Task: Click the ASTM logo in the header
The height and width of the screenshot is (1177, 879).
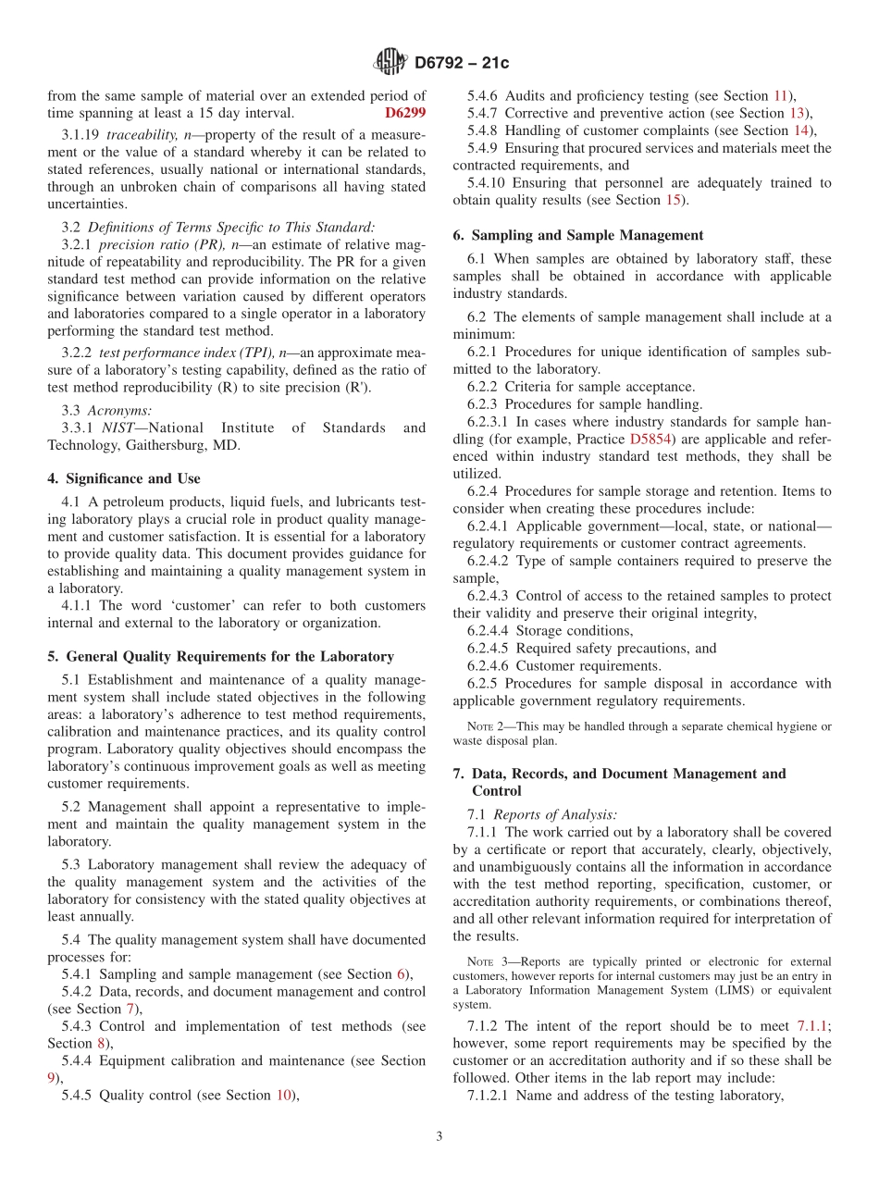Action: coord(390,62)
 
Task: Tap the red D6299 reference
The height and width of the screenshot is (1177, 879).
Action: coord(404,113)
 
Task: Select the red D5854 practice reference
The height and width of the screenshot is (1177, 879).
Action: coord(652,439)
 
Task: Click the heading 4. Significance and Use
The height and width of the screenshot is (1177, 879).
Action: coord(124,478)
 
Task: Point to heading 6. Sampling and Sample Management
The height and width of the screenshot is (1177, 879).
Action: coord(578,235)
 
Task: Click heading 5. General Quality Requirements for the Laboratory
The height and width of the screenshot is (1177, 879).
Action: coord(220,656)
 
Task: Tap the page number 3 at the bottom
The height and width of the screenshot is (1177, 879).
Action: coord(439,1136)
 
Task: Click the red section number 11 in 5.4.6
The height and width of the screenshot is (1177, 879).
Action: coord(781,95)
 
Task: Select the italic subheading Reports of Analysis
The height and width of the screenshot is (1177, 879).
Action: coord(554,814)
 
